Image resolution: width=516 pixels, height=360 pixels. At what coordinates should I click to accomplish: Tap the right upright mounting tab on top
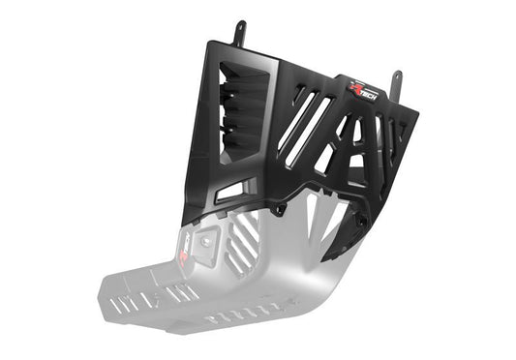point(395,81)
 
